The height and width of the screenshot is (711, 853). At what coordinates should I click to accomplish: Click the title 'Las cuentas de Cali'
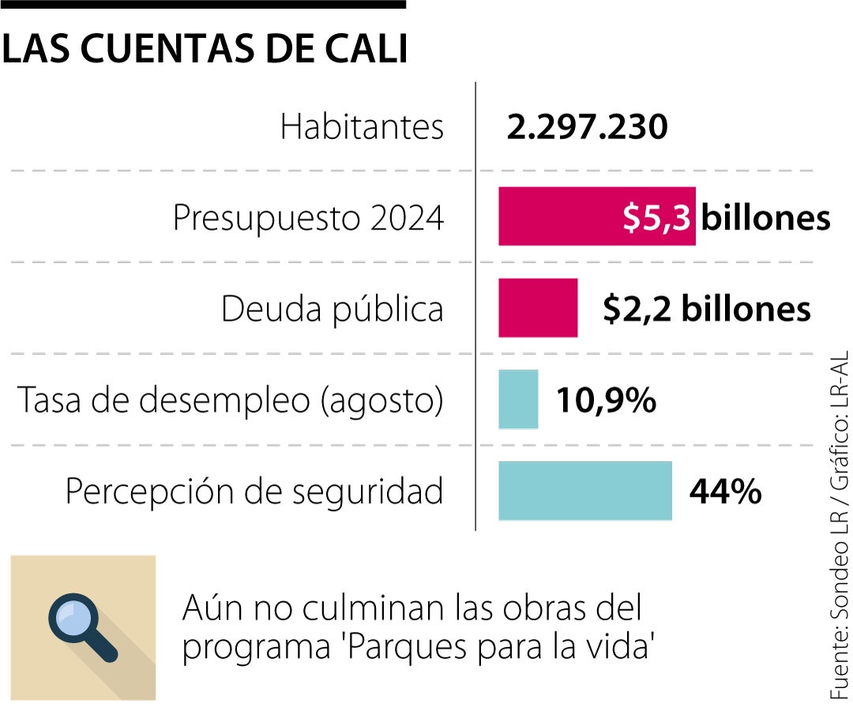(x=205, y=49)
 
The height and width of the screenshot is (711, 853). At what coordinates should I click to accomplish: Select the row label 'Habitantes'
(x=362, y=127)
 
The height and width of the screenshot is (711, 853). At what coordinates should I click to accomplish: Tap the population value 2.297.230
(x=587, y=127)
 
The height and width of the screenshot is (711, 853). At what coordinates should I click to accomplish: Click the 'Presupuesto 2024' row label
(x=308, y=218)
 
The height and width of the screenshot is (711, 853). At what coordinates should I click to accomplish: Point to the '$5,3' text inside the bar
(x=656, y=218)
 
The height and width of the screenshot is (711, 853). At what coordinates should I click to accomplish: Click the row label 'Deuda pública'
(x=332, y=309)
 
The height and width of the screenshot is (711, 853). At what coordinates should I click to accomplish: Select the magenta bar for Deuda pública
(x=538, y=308)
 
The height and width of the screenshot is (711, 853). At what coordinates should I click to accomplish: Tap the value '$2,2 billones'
(x=706, y=309)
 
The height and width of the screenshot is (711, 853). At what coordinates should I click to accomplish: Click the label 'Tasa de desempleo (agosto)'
(x=230, y=401)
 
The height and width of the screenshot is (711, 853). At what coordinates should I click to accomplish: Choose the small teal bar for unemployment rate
(x=518, y=400)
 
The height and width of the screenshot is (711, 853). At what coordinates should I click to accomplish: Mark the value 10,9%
(x=606, y=401)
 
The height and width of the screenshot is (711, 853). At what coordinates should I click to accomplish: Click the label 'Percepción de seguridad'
(x=254, y=491)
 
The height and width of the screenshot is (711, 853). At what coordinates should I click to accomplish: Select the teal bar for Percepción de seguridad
(x=584, y=491)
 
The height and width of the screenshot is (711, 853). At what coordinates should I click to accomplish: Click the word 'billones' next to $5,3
(x=765, y=218)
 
